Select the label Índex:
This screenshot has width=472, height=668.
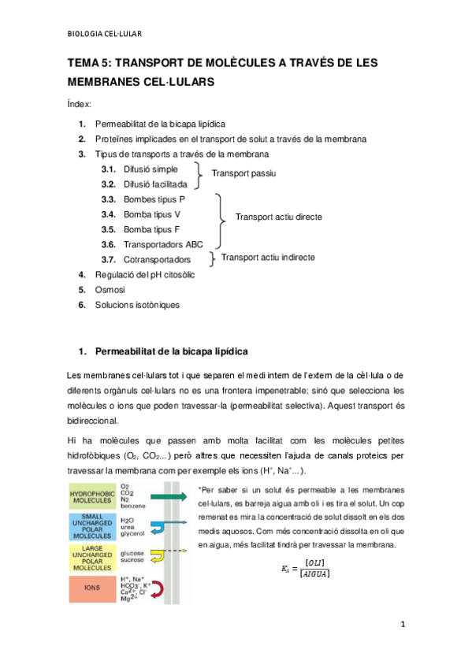pos(80,104)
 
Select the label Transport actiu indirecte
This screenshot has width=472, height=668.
pos(268,258)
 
